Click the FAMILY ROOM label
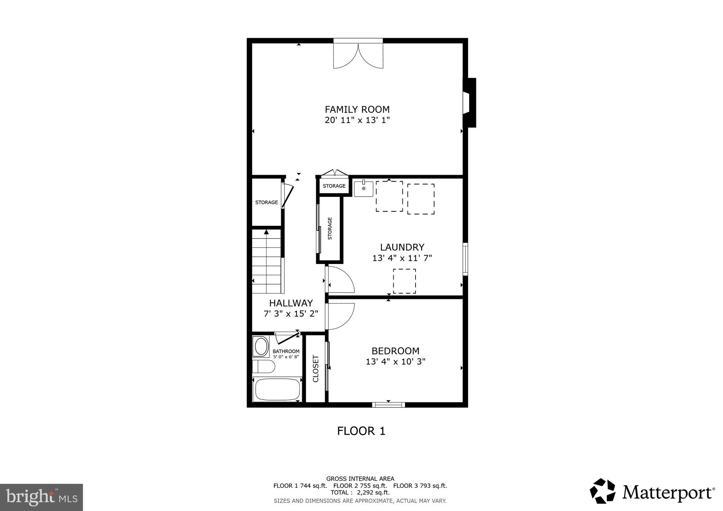[x=357, y=109]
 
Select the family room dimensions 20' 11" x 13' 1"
[x=357, y=120]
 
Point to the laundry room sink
[x=364, y=189]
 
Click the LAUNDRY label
[x=402, y=247]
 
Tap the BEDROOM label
[x=395, y=351]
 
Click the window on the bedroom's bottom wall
[x=388, y=404]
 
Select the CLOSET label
[x=316, y=368]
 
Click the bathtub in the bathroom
[x=277, y=389]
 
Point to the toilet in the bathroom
[x=264, y=366]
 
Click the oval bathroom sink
[x=261, y=346]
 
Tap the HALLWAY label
[x=291, y=303]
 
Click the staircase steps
[x=267, y=261]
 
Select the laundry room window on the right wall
[x=465, y=259]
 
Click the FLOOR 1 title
[x=361, y=431]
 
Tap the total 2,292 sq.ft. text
[x=360, y=492]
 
